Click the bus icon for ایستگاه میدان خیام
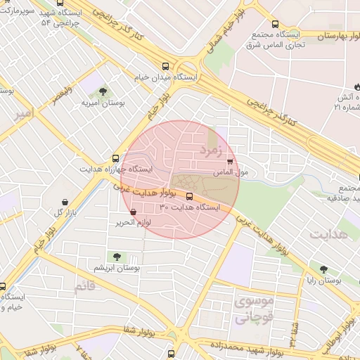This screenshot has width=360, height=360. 166,63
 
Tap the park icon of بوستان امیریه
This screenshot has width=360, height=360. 103,91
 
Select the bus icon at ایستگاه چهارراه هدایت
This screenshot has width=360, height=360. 115,159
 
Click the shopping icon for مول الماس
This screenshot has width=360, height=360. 229,162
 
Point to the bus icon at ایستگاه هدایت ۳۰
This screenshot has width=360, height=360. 189,196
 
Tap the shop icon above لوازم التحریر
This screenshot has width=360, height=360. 134,212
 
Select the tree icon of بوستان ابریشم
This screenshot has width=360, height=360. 116,257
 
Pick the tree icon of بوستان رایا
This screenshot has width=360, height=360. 323,269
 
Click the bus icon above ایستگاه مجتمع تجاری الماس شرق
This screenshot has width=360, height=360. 275,23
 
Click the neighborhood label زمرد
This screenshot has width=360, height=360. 210,150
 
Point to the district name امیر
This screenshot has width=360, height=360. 24,113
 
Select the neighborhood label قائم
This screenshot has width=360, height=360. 83,287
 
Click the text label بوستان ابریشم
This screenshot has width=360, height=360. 117,269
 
